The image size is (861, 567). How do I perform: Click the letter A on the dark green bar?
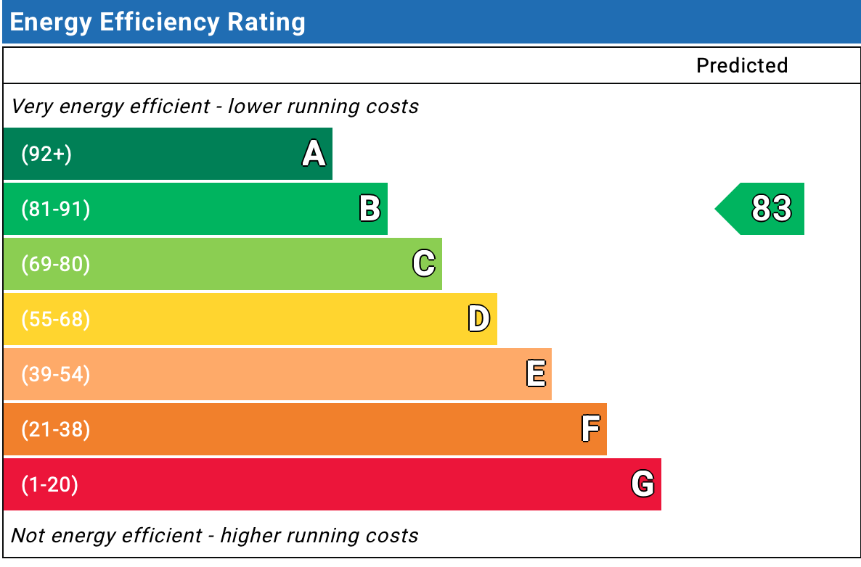click(314, 153)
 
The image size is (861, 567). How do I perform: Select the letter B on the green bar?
click(370, 208)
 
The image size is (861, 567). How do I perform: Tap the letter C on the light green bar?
click(424, 263)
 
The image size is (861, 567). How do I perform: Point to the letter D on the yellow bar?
click(479, 318)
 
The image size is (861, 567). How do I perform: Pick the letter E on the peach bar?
click(536, 373)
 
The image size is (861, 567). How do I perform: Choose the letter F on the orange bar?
click(591, 429)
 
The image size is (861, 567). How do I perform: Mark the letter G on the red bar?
click(642, 484)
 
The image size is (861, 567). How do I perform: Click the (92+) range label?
click(46, 154)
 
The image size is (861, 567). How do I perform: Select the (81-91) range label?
click(55, 209)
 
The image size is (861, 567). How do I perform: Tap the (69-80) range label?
click(55, 265)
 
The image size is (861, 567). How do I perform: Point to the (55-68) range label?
click(55, 319)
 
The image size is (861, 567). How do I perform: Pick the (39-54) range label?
click(55, 375)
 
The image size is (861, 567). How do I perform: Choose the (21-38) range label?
click(55, 429)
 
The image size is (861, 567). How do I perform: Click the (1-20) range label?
click(49, 485)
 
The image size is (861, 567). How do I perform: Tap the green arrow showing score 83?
click(760, 209)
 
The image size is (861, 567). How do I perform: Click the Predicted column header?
click(742, 65)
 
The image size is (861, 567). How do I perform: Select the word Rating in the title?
click(266, 22)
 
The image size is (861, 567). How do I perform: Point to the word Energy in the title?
click(51, 23)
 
